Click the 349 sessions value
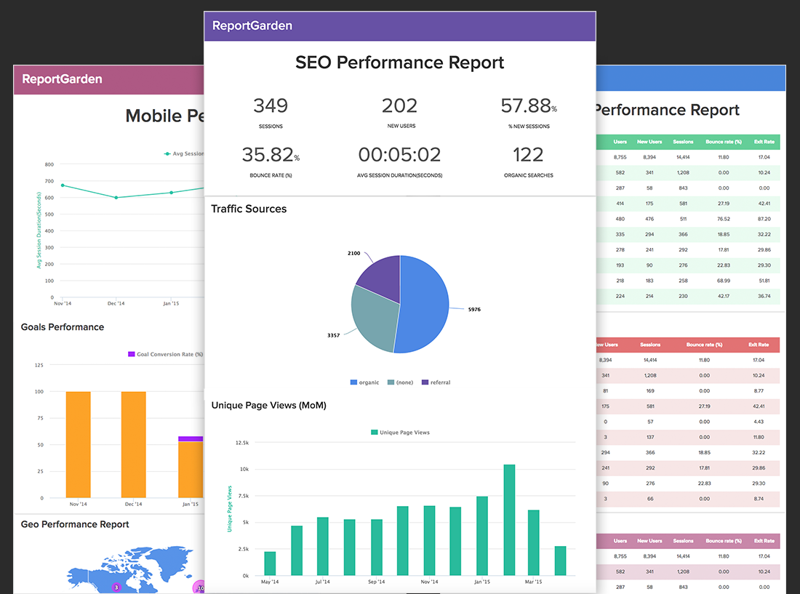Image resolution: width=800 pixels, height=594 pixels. pyautogui.click(x=271, y=106)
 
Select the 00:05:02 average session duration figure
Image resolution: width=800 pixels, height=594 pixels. pyautogui.click(x=399, y=155)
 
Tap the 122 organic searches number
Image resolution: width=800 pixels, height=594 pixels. pyautogui.click(x=527, y=155)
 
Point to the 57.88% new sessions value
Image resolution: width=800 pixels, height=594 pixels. pyautogui.click(x=527, y=106)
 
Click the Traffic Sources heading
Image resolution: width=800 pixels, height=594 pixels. pyautogui.click(x=249, y=209)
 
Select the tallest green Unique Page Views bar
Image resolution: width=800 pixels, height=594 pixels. pyautogui.click(x=509, y=520)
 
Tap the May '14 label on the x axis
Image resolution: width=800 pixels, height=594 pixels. pyautogui.click(x=270, y=582)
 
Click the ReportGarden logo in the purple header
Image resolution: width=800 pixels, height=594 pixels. pyautogui.click(x=252, y=25)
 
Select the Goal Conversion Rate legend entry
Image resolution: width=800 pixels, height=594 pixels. pyautogui.click(x=166, y=354)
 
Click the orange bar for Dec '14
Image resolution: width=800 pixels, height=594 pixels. pyautogui.click(x=134, y=444)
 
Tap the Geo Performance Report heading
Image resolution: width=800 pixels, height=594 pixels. pyautogui.click(x=75, y=524)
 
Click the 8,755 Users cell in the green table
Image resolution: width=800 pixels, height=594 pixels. pyautogui.click(x=620, y=157)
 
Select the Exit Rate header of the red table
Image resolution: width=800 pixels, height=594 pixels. pyautogui.click(x=759, y=345)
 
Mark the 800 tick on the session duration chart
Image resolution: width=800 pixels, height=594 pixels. pyautogui.click(x=48, y=164)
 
